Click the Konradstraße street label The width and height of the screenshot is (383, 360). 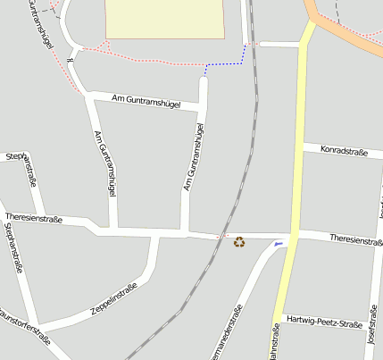click(x=345, y=153)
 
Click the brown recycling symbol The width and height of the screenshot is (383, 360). click(x=239, y=241)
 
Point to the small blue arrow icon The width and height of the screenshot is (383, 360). click(x=279, y=244)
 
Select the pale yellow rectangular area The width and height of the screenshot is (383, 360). click(x=165, y=18)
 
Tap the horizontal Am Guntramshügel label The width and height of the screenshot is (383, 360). click(x=146, y=101)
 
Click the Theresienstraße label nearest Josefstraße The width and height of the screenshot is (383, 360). click(x=355, y=239)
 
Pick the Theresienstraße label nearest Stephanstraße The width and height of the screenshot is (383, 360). click(x=33, y=218)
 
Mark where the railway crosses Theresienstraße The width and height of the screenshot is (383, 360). click(x=221, y=236)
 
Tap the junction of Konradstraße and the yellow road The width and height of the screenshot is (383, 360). click(x=302, y=146)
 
